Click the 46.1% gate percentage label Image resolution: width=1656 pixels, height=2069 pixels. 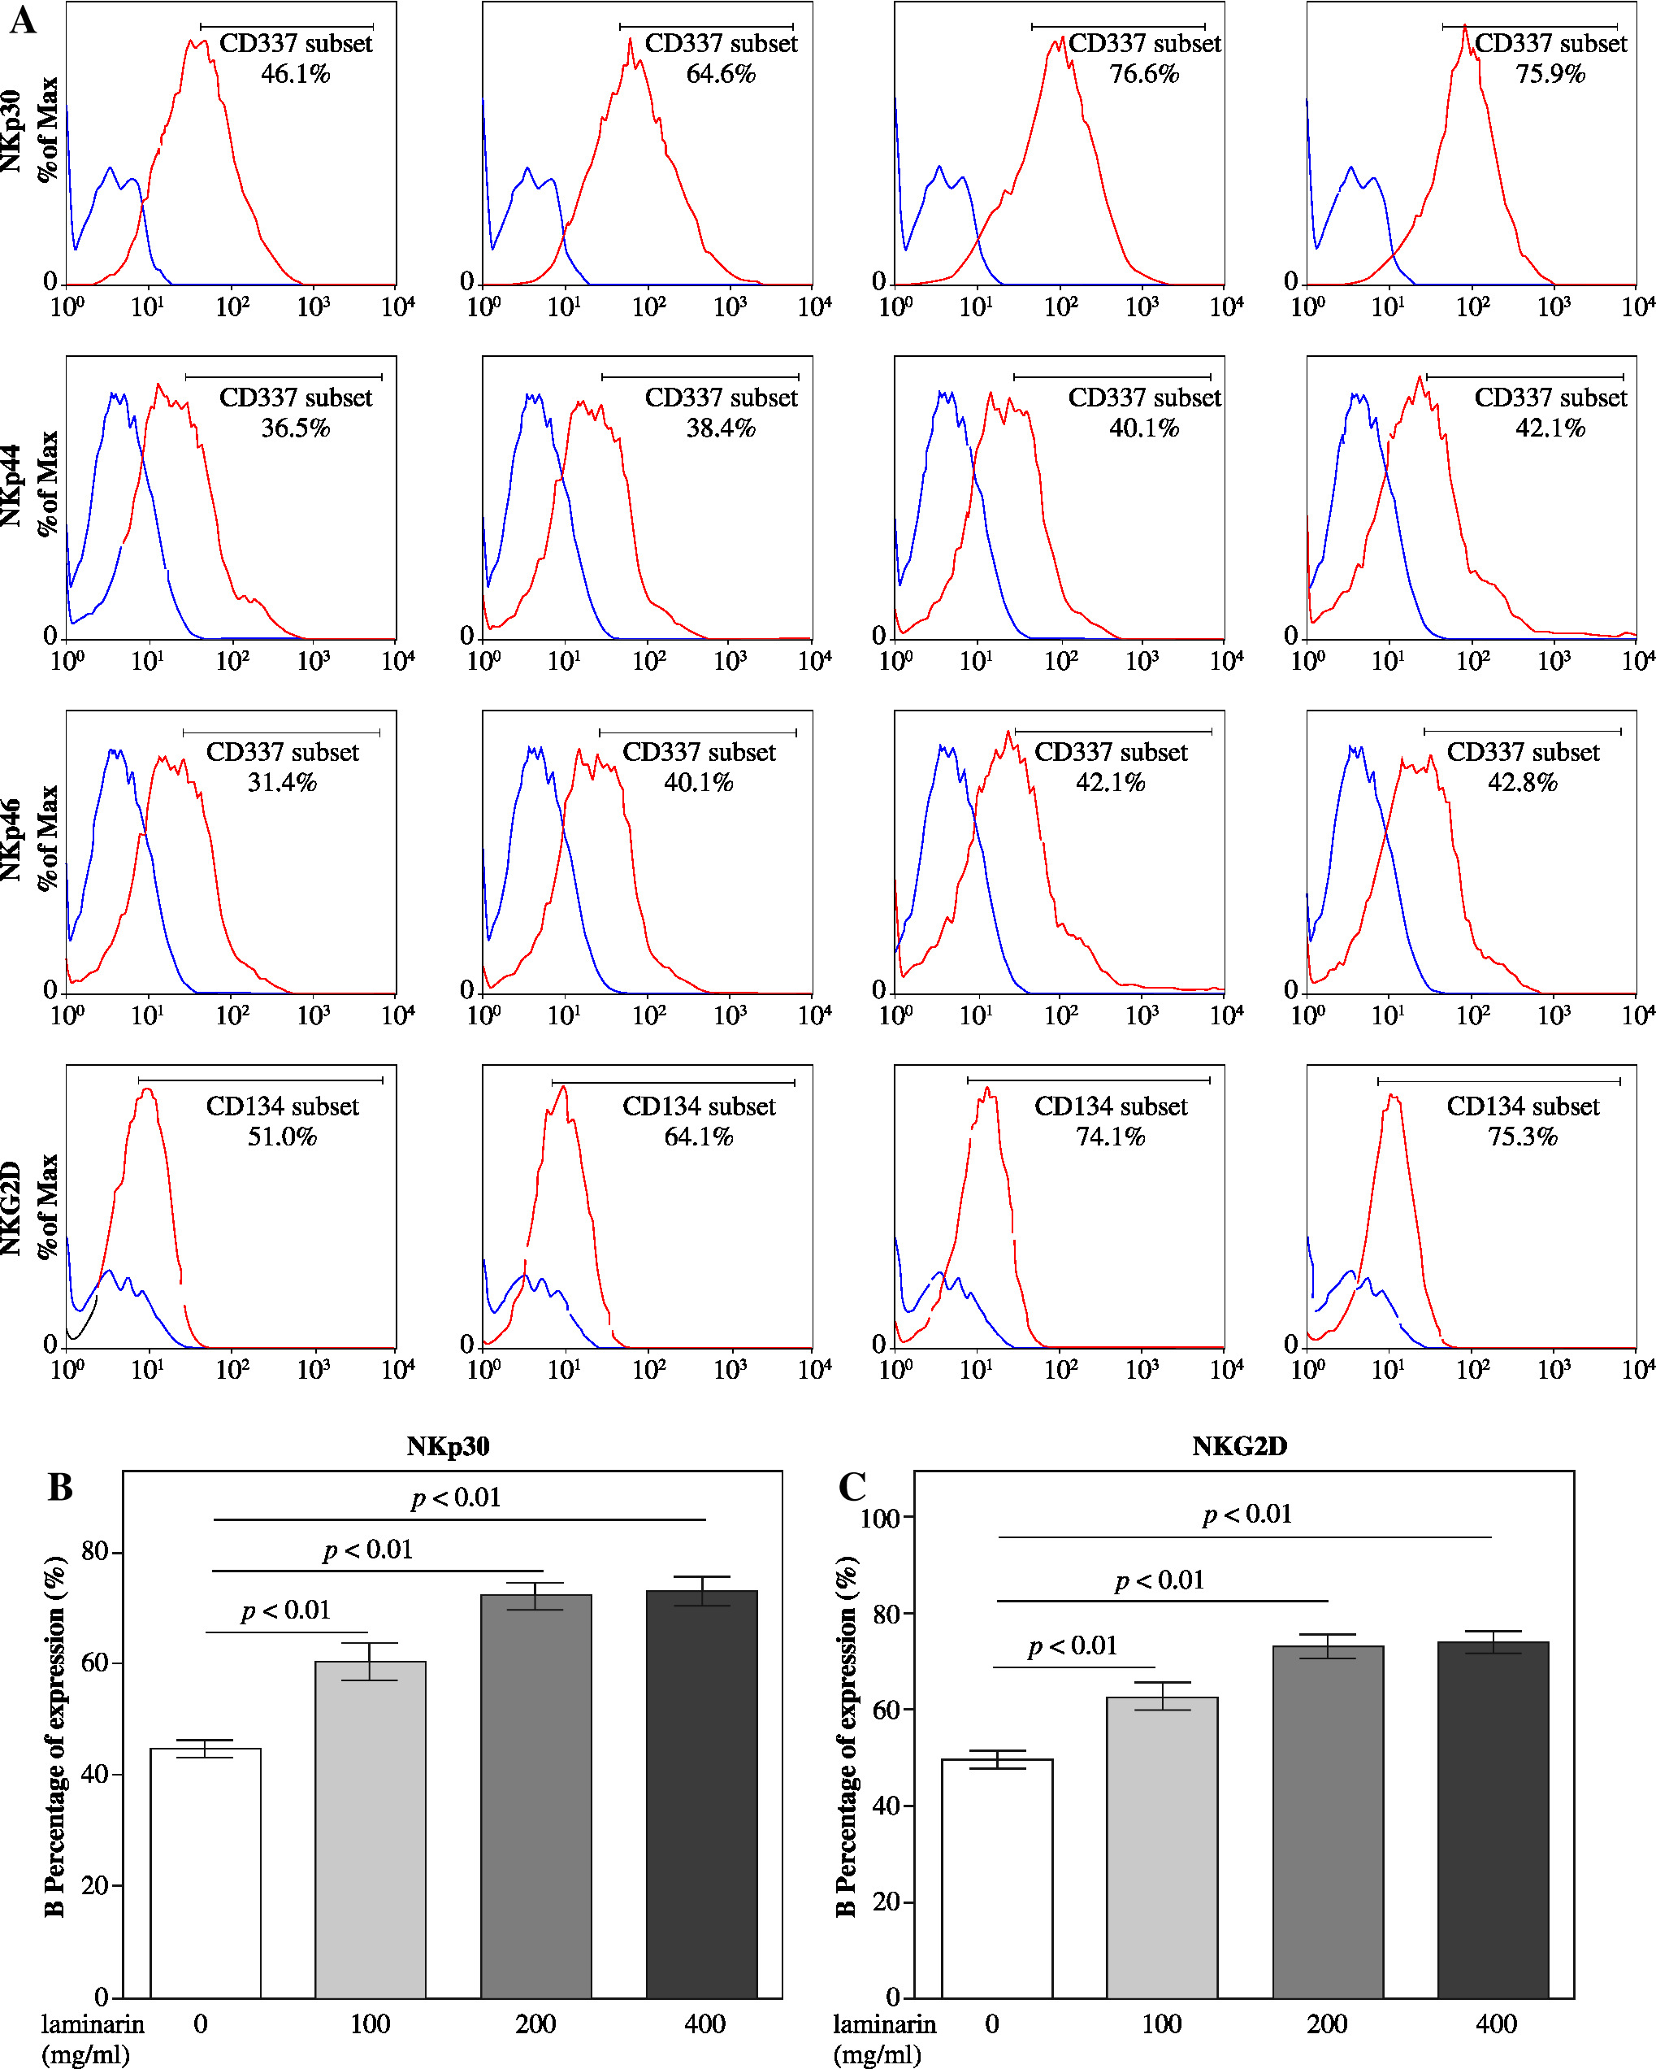(296, 74)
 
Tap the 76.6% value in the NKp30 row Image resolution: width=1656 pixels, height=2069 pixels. (1143, 74)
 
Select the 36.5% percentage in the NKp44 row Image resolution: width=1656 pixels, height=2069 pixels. (296, 428)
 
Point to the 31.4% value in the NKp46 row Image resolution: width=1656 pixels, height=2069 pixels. (282, 782)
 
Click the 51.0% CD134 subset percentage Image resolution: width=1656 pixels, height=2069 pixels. (282, 1137)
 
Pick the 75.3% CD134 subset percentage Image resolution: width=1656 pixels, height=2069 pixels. (1523, 1137)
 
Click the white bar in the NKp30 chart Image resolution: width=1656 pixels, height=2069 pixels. (206, 1872)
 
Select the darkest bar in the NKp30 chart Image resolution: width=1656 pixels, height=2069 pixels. (701, 1793)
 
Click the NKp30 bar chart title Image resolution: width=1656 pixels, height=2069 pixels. (448, 1446)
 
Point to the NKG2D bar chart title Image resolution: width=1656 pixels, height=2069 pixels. (1240, 1446)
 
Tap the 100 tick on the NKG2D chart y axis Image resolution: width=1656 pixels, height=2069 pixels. (880, 1518)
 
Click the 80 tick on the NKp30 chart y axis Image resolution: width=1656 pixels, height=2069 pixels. (95, 1552)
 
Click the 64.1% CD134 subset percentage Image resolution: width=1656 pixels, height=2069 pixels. (699, 1137)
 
